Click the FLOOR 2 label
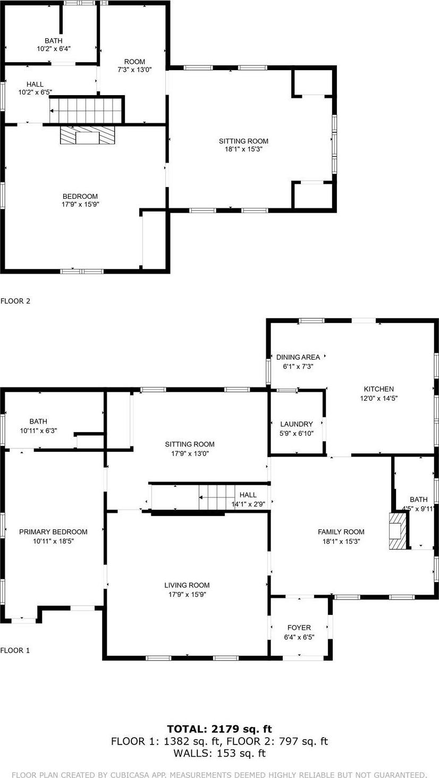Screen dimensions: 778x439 coord(15,301)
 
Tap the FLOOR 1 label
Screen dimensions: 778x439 coord(15,650)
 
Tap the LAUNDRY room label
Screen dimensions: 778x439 coord(297,424)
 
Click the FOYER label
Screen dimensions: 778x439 coord(299,628)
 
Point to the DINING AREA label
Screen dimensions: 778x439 coord(298,357)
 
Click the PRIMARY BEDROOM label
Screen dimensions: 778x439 coord(53,532)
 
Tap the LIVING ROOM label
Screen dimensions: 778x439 coord(187,585)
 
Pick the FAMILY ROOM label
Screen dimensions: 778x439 coord(341,532)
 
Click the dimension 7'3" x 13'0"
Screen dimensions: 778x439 coord(134,70)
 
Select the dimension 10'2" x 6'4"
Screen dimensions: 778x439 coord(54,48)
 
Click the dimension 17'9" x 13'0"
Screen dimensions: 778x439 coord(190,453)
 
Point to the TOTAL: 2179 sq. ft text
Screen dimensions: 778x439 coord(219,729)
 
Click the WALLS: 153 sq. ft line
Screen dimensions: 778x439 coord(219,753)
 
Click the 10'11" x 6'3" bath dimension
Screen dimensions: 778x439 coord(38,430)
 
